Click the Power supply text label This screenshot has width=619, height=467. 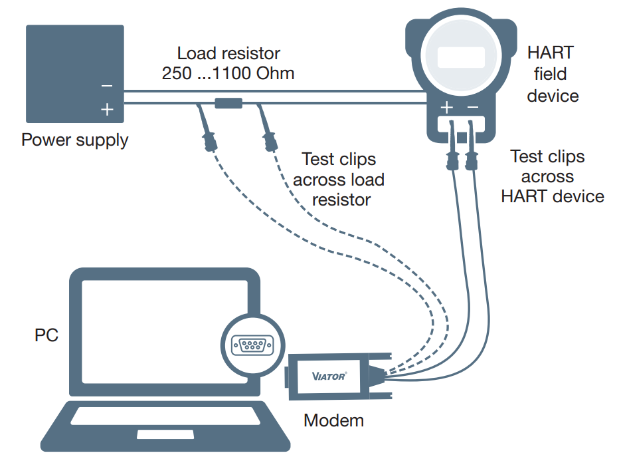[x=75, y=140]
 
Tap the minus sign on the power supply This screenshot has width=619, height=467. [x=107, y=86]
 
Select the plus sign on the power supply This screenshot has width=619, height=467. [x=107, y=108]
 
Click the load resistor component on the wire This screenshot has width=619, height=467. [x=228, y=102]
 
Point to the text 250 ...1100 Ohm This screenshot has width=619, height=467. [x=228, y=73]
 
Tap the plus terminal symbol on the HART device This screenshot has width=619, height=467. [x=448, y=107]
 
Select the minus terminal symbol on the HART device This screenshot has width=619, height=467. [x=473, y=107]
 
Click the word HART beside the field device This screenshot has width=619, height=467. [x=550, y=53]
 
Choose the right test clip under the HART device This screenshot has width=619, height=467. [x=472, y=158]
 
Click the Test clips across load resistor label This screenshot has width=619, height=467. [x=339, y=179]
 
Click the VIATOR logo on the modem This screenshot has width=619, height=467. [x=329, y=377]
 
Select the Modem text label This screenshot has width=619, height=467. [x=333, y=420]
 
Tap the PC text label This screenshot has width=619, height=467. [x=46, y=335]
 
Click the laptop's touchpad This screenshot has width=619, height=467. [x=165, y=434]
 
